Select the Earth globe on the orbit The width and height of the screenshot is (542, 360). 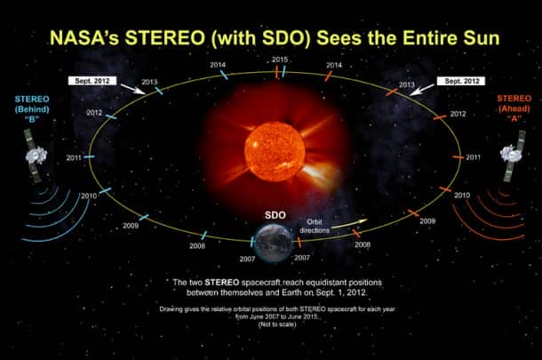[x=271, y=242]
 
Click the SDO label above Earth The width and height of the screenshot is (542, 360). [x=273, y=215]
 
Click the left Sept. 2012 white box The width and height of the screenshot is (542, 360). [x=94, y=80]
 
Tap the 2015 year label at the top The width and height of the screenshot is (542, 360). [x=279, y=60]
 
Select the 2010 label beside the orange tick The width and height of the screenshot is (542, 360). [x=462, y=195]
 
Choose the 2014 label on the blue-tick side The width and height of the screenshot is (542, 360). [x=217, y=65]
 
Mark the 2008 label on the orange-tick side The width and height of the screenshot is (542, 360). [x=363, y=244]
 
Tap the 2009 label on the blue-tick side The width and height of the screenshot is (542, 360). [x=131, y=226]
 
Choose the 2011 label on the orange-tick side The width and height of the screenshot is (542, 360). [x=473, y=156]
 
